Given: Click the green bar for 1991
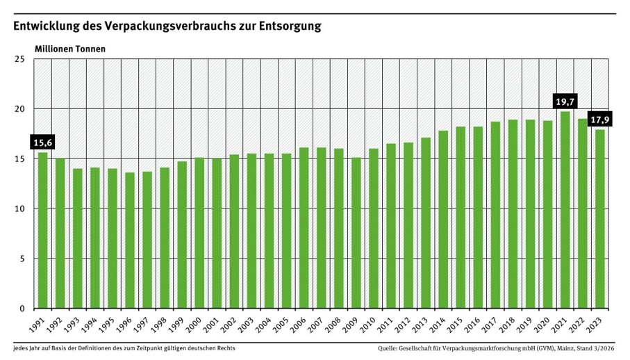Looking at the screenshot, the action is tap(42, 231).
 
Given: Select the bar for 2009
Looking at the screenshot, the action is tap(356, 233).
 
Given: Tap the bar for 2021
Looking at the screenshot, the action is tap(565, 210).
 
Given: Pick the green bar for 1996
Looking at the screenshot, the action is tap(130, 240).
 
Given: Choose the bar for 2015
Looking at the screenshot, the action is tap(461, 218).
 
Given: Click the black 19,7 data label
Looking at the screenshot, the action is tap(565, 101).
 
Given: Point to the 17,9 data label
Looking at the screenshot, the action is tap(599, 120).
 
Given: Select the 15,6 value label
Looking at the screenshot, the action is tap(42, 142).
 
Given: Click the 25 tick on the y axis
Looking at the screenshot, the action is tap(19, 60).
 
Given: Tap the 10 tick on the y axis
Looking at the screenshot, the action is tap(19, 209).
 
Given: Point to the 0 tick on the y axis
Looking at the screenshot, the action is tap(22, 309).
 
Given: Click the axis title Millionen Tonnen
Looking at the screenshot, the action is tap(70, 49).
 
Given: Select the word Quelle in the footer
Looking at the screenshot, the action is tap(387, 348).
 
